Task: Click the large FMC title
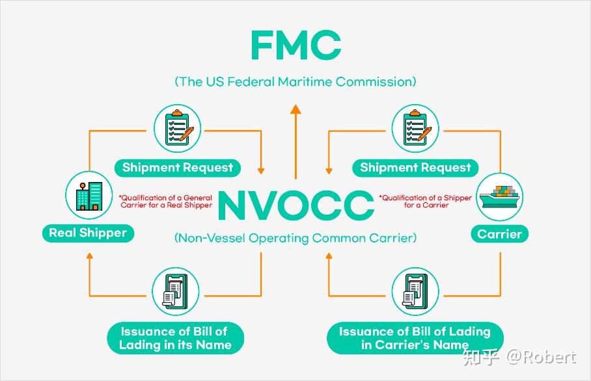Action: tap(295, 46)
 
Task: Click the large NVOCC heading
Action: tap(295, 205)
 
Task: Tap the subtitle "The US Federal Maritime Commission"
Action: tap(295, 82)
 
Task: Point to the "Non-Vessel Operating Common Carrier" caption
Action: tap(295, 238)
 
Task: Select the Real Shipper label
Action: tap(88, 233)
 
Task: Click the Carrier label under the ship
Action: tap(499, 234)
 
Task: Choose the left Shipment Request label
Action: tap(177, 167)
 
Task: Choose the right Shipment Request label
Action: tap(415, 167)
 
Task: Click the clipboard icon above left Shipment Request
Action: tap(177, 128)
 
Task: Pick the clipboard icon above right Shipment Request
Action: tap(415, 128)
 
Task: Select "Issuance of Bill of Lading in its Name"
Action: tap(175, 338)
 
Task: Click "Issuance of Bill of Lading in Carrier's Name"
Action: tap(415, 338)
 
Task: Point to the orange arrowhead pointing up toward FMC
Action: tap(295, 109)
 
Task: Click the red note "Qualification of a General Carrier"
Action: tap(165, 202)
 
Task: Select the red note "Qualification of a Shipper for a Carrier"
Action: tap(426, 202)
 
